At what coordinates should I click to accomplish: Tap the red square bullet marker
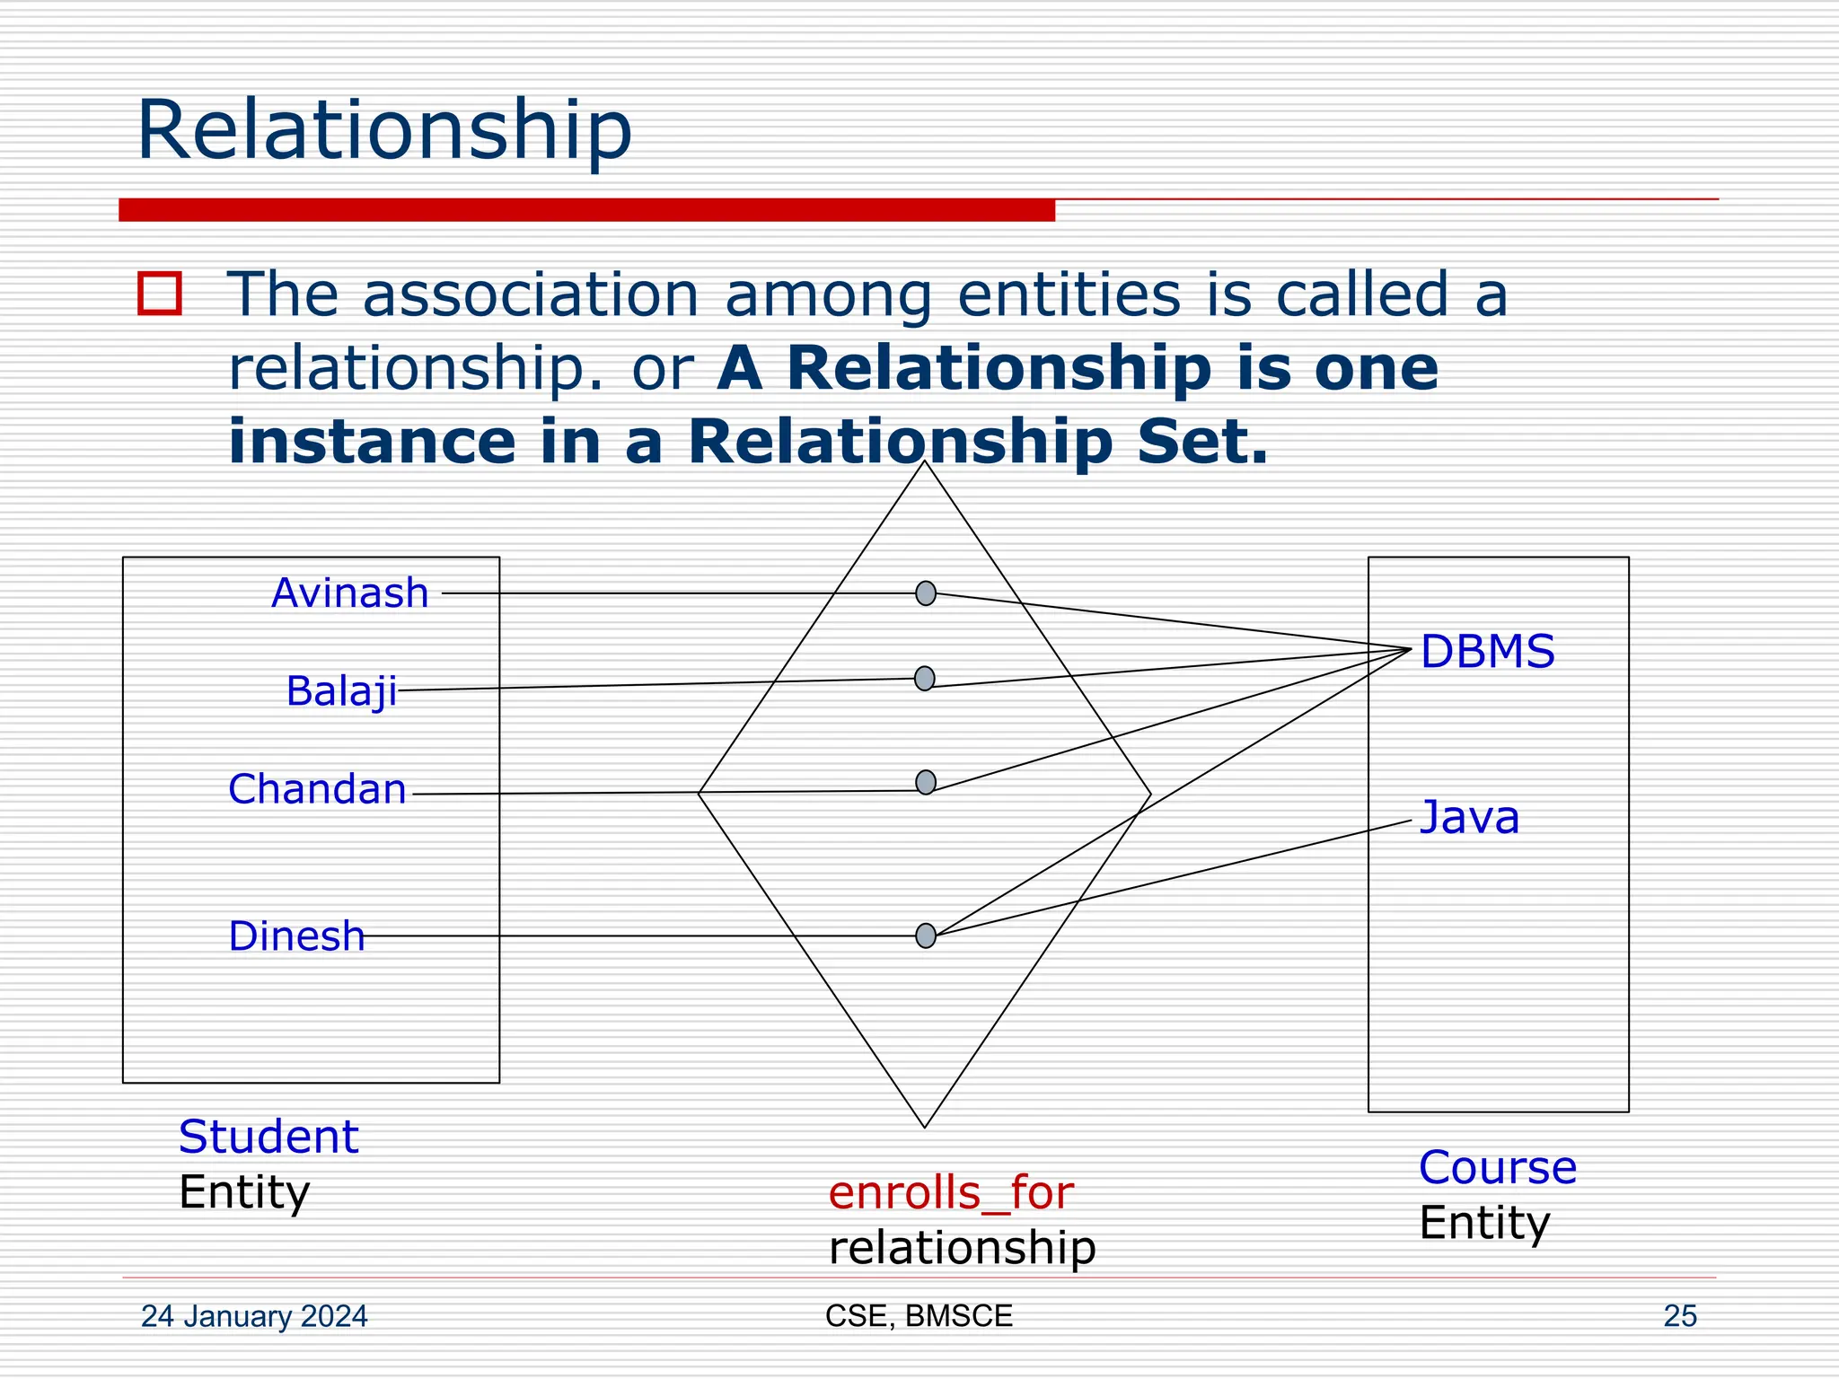click(x=160, y=294)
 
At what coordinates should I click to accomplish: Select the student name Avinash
click(x=350, y=593)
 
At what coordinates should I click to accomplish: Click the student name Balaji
click(x=341, y=691)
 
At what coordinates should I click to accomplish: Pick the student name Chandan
click(x=317, y=789)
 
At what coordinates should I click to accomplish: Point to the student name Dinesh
click(x=296, y=936)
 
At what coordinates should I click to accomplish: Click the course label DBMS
click(x=1487, y=652)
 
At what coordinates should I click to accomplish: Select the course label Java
click(x=1469, y=818)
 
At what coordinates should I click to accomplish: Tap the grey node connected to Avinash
click(x=926, y=593)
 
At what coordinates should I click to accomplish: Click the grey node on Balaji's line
click(x=925, y=679)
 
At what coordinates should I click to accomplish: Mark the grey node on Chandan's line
click(x=926, y=783)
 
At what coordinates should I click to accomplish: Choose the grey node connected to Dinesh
click(x=926, y=935)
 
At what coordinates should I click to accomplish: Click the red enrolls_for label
click(x=951, y=1193)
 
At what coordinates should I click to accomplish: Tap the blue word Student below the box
click(x=268, y=1137)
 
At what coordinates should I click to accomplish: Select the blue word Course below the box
click(x=1498, y=1168)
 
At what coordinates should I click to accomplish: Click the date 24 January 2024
click(x=254, y=1316)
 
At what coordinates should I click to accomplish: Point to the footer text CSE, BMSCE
click(x=919, y=1316)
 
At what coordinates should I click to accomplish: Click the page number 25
click(x=1680, y=1316)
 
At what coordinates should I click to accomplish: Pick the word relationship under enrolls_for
click(x=962, y=1248)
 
